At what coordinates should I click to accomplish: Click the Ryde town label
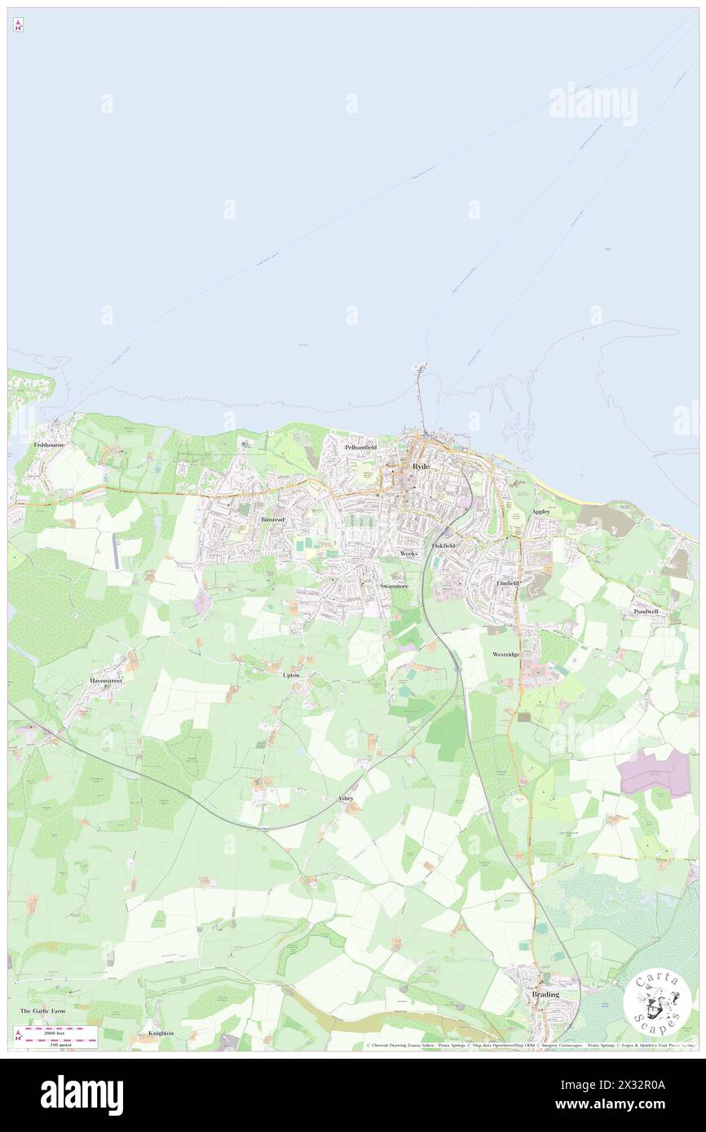(x=421, y=466)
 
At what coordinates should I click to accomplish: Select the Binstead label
(x=272, y=519)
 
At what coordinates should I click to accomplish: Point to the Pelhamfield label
(x=360, y=448)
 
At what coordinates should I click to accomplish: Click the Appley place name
(x=541, y=511)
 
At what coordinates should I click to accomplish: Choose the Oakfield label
(x=444, y=545)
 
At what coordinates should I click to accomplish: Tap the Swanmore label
(x=395, y=586)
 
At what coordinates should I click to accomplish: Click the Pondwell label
(x=646, y=612)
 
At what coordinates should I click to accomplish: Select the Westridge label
(x=505, y=655)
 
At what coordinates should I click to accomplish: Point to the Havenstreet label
(x=106, y=680)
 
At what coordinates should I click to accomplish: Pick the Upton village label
(x=291, y=675)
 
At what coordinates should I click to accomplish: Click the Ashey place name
(x=346, y=799)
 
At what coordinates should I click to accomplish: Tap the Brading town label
(x=545, y=995)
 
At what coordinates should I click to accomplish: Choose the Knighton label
(x=161, y=1033)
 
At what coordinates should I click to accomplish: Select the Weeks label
(x=408, y=554)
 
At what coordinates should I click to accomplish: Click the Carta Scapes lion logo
(x=657, y=1003)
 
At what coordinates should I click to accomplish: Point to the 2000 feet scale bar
(x=57, y=1031)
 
